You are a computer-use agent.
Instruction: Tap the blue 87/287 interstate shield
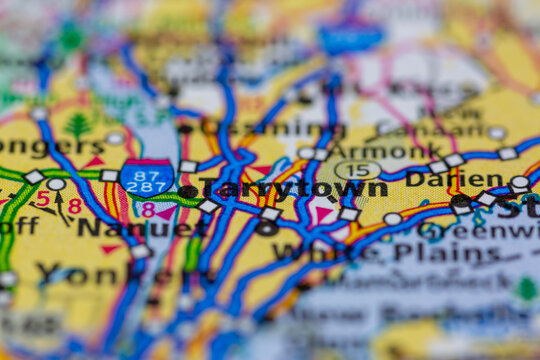[x=146, y=178]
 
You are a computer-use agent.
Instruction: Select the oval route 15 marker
[x=357, y=171]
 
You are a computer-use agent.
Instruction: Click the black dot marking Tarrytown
[x=188, y=191]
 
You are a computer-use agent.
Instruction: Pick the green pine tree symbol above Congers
[x=78, y=125]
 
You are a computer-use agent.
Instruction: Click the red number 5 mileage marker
[x=42, y=199]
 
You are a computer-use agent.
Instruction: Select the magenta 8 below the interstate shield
[x=148, y=210]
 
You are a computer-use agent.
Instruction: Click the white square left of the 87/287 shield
[x=109, y=176]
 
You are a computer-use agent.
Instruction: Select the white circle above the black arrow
[x=56, y=184]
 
